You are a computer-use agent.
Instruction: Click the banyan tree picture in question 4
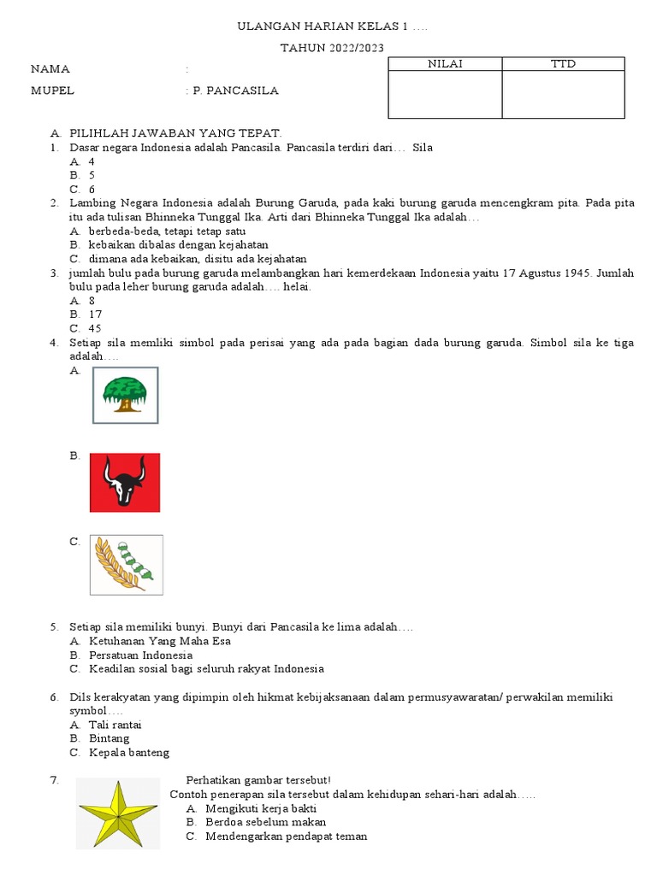click(125, 395)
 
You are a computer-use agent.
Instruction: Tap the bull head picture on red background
click(125, 482)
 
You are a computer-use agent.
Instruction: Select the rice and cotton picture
click(126, 565)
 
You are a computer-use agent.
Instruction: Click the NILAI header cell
click(445, 64)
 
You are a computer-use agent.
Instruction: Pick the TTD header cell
click(563, 64)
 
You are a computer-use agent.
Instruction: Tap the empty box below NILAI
click(445, 94)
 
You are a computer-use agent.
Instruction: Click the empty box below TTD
click(563, 94)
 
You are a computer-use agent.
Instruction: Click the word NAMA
click(50, 69)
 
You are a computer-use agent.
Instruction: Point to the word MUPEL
click(53, 90)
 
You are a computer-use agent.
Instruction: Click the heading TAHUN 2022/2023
click(333, 48)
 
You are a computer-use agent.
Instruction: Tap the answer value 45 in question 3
click(95, 328)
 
